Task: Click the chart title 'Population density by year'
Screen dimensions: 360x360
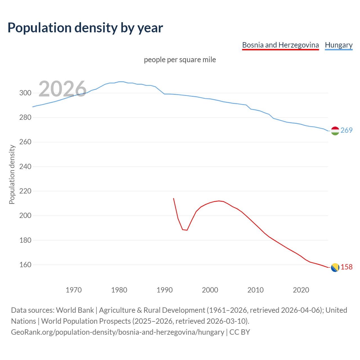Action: (85, 28)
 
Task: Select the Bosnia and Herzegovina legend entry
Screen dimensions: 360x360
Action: (280, 45)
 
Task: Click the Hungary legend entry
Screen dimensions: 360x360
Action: (339, 45)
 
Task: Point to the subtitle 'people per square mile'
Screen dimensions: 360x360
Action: (180, 60)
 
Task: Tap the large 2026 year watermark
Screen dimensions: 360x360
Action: (62, 89)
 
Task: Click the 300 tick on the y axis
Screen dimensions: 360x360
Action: (25, 93)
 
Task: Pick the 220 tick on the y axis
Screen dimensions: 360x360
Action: (25, 191)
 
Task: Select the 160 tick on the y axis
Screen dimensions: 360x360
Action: (25, 265)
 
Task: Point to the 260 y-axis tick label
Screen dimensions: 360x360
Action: (25, 142)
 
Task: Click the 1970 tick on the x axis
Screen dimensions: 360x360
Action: (74, 290)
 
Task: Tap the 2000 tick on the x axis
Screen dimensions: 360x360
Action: (210, 290)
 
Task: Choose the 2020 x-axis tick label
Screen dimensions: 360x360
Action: (301, 290)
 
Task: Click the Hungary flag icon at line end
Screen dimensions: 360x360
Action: (335, 131)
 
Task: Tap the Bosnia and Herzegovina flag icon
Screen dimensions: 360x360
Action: (335, 268)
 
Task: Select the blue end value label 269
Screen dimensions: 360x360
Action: (346, 130)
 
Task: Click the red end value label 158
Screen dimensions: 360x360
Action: (346, 267)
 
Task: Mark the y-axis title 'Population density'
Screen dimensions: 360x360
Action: (12, 174)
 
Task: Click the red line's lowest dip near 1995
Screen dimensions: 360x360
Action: (187, 230)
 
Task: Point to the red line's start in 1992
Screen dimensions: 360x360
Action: (174, 199)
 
